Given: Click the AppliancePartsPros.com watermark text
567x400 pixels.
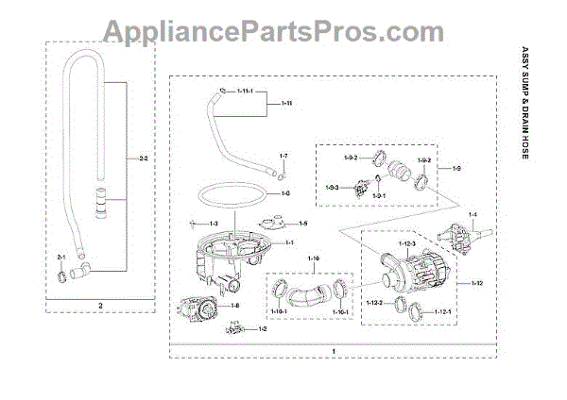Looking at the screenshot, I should pos(283,32).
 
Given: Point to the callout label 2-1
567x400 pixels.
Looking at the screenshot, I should pos(62,257).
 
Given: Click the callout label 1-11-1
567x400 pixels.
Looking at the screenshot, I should pos(247,92).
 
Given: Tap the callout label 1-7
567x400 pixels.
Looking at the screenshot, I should pos(283,154).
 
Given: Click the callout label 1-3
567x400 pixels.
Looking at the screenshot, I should pos(214,223).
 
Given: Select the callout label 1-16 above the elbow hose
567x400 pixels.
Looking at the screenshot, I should pos(315,258).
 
